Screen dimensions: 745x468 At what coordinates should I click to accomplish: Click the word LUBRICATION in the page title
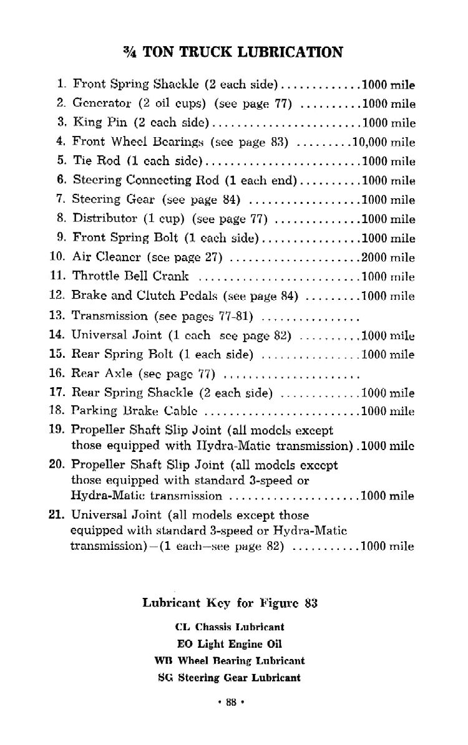point(293,52)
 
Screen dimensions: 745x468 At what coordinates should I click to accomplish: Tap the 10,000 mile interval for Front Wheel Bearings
point(384,142)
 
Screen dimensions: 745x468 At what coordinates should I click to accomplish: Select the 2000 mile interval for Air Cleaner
point(388,257)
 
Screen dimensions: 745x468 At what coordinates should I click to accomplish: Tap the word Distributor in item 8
point(101,219)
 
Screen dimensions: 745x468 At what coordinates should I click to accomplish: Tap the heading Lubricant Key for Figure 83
point(230,603)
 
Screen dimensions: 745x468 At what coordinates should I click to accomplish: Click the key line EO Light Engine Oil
point(230,644)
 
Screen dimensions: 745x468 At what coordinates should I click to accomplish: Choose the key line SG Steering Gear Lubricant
point(230,678)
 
